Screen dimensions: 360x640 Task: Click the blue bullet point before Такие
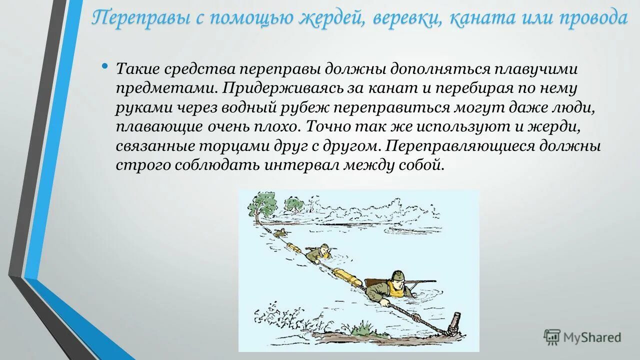click(104, 66)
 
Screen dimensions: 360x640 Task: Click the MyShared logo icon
click(552, 337)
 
